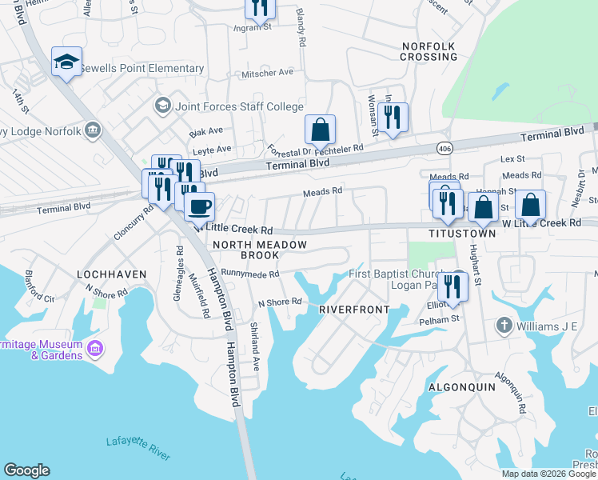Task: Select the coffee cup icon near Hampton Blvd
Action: coord(199,206)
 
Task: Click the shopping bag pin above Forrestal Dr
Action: coord(320,130)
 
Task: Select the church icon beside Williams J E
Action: coord(504,325)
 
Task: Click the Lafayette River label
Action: coord(138,448)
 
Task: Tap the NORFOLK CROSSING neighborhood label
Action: coord(429,51)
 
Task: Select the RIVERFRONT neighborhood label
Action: coord(354,309)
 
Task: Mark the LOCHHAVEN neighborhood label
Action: coord(111,274)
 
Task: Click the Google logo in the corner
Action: coord(26,470)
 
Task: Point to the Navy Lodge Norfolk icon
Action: coord(94,130)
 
